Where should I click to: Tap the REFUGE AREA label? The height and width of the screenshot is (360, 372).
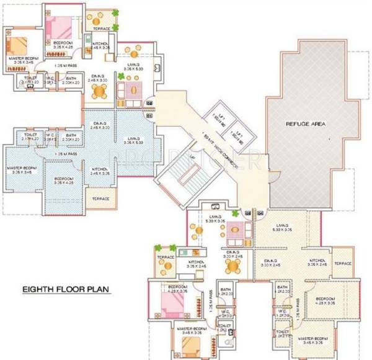click(x=306, y=124)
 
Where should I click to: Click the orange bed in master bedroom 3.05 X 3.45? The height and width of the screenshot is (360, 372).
click(x=17, y=45)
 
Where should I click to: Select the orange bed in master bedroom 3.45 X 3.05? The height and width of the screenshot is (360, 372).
click(x=188, y=344)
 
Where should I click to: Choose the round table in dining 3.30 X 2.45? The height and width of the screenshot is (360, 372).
click(x=232, y=266)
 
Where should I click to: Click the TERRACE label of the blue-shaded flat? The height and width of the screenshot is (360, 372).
click(x=100, y=199)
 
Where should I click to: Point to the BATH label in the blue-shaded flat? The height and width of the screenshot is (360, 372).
click(x=71, y=135)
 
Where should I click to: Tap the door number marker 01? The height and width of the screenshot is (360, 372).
click(x=150, y=102)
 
